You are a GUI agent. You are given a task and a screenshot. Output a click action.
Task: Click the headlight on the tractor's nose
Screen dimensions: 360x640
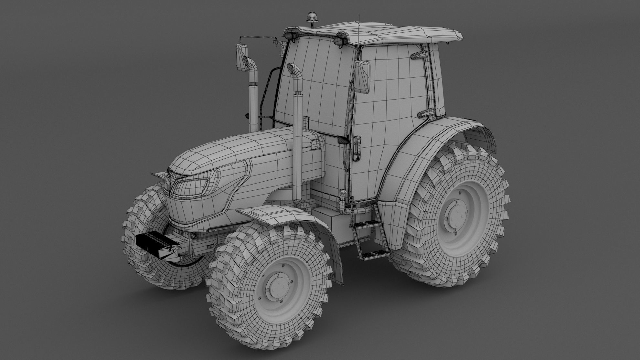(x=191, y=186)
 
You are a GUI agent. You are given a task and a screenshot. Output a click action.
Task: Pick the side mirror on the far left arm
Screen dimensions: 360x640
(x=241, y=58)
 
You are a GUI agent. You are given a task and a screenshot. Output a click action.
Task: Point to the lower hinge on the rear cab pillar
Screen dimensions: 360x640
(x=427, y=113)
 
